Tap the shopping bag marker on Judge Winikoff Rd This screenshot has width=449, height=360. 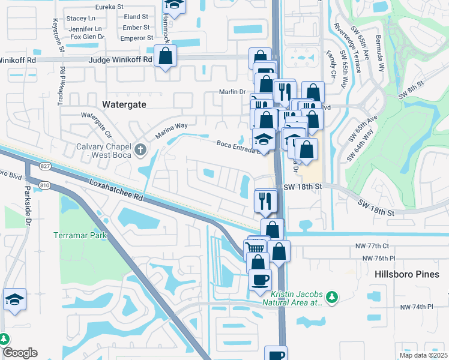pyautogui.click(x=164, y=57)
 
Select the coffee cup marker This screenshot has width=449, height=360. pyautogui.click(x=260, y=280)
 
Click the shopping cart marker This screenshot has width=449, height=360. pyautogui.click(x=256, y=248)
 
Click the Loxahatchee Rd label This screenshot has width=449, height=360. pyautogui.click(x=117, y=188)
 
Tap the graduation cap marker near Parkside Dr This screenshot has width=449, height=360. pyautogui.click(x=14, y=300)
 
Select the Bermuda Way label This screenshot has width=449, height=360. pyautogui.click(x=381, y=54)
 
